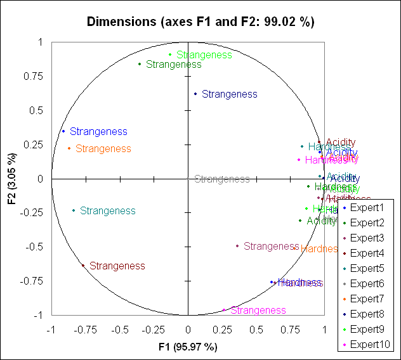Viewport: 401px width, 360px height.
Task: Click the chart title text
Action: click(x=201, y=22)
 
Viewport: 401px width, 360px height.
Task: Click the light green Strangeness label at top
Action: click(x=204, y=55)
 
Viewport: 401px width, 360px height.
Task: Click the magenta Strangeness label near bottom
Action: click(x=258, y=311)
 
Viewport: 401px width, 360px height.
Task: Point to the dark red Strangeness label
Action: click(x=117, y=266)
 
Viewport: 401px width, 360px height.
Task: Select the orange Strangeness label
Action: click(x=103, y=149)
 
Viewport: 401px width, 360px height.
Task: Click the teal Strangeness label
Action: click(x=107, y=210)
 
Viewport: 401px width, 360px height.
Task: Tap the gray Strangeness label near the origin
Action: click(x=221, y=179)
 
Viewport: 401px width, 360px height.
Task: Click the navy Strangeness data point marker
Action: click(x=195, y=94)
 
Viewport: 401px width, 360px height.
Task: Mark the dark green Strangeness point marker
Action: click(x=140, y=64)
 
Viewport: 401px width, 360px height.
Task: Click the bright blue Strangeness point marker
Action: click(x=63, y=132)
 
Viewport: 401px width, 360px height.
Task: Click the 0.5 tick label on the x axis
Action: click(x=256, y=330)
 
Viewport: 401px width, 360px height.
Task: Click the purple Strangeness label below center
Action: click(x=271, y=246)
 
